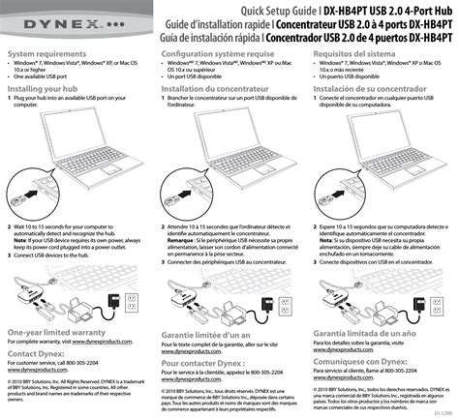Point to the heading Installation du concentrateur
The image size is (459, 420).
coord(212,88)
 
